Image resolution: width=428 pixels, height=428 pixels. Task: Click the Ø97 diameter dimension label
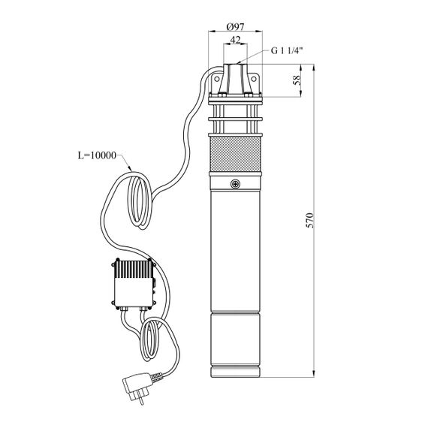tap(235, 27)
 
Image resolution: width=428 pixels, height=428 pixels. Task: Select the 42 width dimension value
tap(235, 40)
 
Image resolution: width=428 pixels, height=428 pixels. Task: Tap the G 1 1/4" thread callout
tap(287, 51)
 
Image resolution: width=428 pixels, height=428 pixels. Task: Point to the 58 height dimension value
tap(297, 80)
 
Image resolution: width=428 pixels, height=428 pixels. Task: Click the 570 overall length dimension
tap(311, 220)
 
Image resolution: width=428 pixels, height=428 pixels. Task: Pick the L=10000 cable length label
tap(97, 155)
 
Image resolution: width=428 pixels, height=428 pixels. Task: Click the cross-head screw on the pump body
tap(235, 184)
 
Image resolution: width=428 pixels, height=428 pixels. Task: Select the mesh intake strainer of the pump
tap(235, 154)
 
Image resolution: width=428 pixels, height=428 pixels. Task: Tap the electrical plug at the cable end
tap(137, 387)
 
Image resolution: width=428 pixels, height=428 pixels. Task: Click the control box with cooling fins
tap(134, 283)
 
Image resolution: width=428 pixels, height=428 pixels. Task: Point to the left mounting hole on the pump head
tap(217, 79)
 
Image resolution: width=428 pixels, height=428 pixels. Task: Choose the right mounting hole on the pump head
tap(254, 79)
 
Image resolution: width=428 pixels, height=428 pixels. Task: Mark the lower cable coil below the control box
tap(149, 341)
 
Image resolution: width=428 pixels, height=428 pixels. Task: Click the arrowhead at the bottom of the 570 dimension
tap(314, 374)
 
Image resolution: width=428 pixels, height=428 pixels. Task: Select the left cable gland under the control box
tap(123, 309)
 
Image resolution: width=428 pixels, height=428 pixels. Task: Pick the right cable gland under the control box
tap(144, 309)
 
